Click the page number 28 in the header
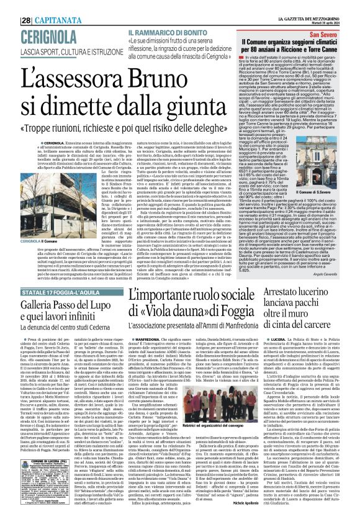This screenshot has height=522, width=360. [10, 6]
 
